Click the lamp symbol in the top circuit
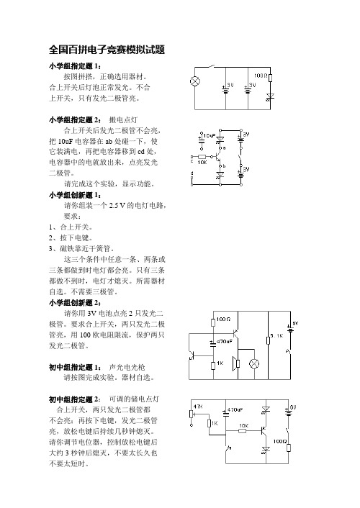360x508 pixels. click(x=195, y=81)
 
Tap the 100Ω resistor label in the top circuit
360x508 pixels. click(x=261, y=76)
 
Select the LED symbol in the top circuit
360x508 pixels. click(x=270, y=96)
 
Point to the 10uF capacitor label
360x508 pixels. click(x=210, y=135)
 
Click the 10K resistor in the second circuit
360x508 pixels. click(x=202, y=157)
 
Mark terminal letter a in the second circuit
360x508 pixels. click(x=224, y=148)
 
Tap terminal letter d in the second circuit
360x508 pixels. click(x=192, y=173)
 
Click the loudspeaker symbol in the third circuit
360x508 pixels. click(x=235, y=363)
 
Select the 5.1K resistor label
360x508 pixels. click(x=276, y=335)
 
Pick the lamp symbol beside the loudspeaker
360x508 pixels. click(x=254, y=363)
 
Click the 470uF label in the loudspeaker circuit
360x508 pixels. click(x=225, y=342)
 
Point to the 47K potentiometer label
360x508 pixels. click(x=198, y=407)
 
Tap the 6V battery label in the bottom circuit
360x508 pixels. click(x=293, y=407)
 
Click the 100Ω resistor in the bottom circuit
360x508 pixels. click(x=288, y=448)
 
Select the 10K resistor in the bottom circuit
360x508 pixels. click(x=242, y=430)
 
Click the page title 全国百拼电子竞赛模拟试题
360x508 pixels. click(x=107, y=50)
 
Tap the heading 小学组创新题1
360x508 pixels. click(x=76, y=195)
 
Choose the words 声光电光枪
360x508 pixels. click(x=127, y=367)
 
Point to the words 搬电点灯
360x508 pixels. click(x=123, y=119)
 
